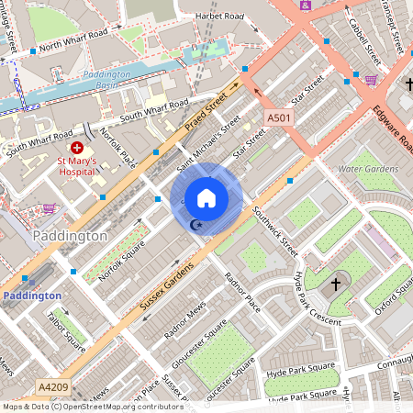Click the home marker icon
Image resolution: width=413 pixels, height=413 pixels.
coord(206,197)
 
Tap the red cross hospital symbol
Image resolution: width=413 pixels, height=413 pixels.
coord(77,147)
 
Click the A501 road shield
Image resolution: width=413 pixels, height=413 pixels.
coord(279,118)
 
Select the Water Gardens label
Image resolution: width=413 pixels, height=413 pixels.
coord(368,169)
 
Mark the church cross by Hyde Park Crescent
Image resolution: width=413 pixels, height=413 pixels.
coord(336,283)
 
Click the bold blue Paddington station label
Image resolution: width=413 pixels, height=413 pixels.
coord(31,296)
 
